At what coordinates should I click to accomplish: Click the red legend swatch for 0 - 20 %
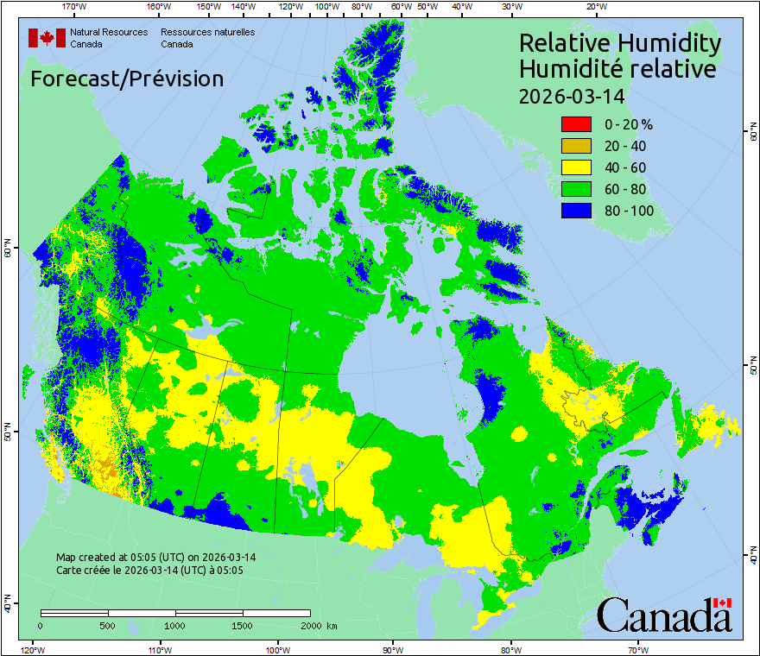[576, 124]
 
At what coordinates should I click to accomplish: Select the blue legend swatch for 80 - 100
[576, 211]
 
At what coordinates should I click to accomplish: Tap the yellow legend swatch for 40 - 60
[576, 167]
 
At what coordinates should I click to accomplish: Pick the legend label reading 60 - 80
[624, 189]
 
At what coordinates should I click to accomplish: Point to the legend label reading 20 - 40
[624, 146]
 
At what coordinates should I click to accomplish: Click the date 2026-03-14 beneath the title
[571, 95]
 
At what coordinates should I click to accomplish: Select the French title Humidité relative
[617, 68]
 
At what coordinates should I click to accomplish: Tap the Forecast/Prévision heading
[127, 79]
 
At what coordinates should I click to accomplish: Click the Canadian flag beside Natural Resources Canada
[47, 38]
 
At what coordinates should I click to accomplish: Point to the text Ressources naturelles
[207, 32]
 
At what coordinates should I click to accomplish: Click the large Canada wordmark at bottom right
[664, 615]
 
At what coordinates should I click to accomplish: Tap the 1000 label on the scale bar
[175, 625]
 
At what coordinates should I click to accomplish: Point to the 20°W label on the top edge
[594, 7]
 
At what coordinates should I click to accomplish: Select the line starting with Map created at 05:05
[155, 557]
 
